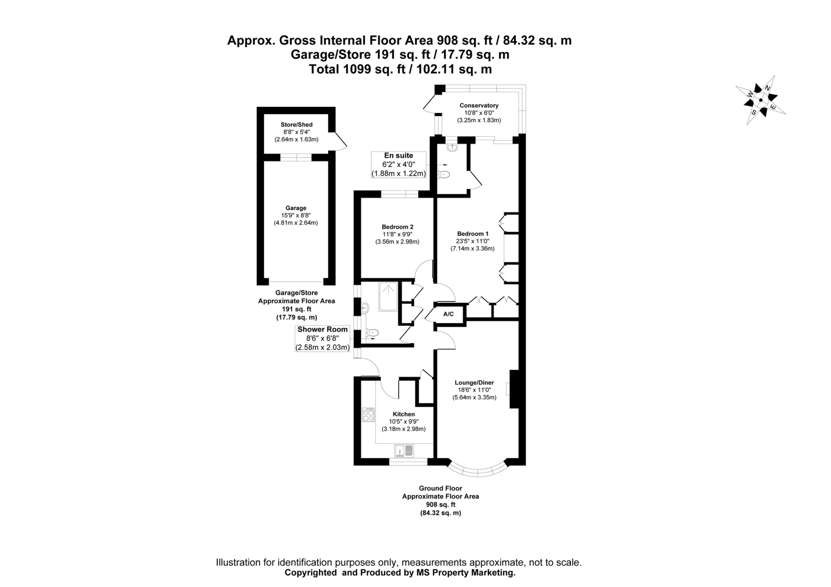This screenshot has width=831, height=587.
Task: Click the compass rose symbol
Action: (760, 100)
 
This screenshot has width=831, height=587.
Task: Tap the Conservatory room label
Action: (479, 106)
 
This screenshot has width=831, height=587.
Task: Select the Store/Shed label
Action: (296, 125)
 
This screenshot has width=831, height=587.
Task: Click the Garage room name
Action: (296, 208)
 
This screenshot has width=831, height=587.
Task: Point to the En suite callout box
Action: (399, 164)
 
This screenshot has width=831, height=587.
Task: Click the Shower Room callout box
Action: (322, 338)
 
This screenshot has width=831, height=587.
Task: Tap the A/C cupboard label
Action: (448, 314)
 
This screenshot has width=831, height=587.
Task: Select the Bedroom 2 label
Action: (397, 227)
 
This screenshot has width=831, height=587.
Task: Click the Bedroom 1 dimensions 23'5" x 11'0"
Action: (473, 241)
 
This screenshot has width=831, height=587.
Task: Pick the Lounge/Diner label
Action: (474, 383)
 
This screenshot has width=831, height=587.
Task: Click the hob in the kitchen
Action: (369, 415)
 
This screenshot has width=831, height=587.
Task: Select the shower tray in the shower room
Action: (388, 297)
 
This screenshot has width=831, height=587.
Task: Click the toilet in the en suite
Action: (444, 175)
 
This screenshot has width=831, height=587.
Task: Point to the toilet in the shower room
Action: (372, 333)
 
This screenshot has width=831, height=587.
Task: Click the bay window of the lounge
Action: (477, 472)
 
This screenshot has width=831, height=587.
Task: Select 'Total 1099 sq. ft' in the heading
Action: (357, 69)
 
